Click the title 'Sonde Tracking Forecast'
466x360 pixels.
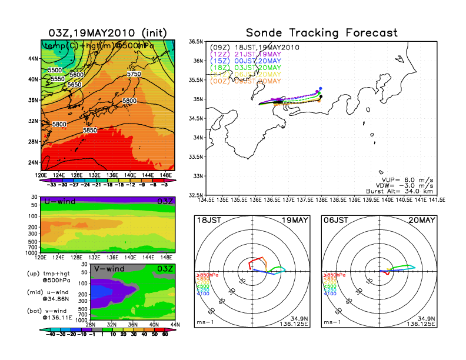click(322, 32)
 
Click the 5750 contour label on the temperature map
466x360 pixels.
click(134, 74)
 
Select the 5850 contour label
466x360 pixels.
click(90, 130)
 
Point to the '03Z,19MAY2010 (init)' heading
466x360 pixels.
click(110, 32)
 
